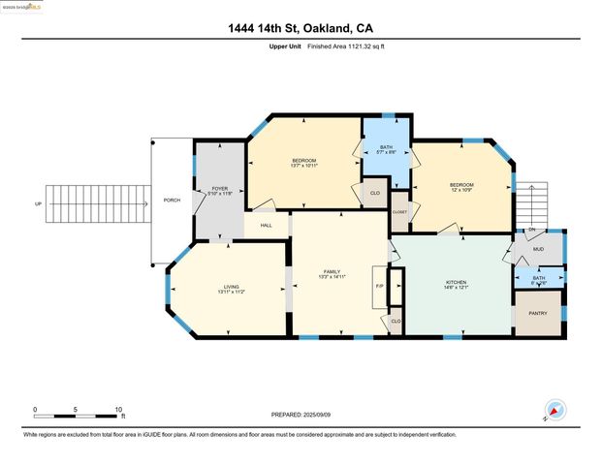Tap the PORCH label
(x=172, y=201)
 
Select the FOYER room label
(x=220, y=188)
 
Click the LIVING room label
(x=231, y=287)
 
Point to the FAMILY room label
(x=332, y=272)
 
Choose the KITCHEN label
(x=455, y=283)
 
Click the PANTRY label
(x=537, y=314)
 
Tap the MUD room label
(x=538, y=249)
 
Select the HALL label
(x=265, y=225)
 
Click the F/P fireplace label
(x=379, y=287)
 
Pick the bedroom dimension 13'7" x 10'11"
(x=303, y=166)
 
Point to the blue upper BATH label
(x=386, y=146)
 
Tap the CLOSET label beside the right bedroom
(x=398, y=211)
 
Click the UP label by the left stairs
(x=38, y=203)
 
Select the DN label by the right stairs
(x=531, y=230)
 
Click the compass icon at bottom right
(x=554, y=411)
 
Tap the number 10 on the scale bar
(x=118, y=410)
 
